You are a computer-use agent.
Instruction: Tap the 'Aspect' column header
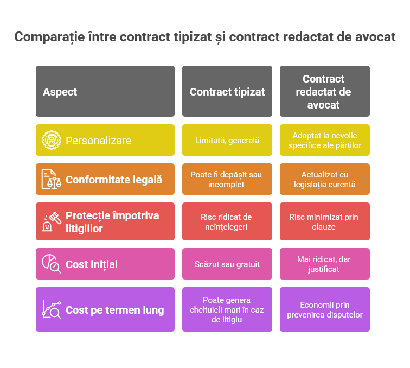coord(60,92)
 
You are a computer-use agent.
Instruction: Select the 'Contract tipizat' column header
coord(227,92)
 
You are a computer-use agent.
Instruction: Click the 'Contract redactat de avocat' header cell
coord(324,92)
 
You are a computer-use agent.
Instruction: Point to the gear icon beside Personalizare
coord(52,140)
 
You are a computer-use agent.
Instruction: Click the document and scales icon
coord(52,179)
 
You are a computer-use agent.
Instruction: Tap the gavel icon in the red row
coord(52,221)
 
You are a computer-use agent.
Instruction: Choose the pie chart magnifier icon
coord(52,264)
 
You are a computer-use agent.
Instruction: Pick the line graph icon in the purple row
coord(52,310)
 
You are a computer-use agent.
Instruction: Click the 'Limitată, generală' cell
coord(227,140)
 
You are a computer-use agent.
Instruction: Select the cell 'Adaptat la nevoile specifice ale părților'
coord(324,140)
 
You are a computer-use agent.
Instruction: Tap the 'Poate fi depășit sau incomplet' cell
coord(227,179)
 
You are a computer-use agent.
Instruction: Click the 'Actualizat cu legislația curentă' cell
coord(324,179)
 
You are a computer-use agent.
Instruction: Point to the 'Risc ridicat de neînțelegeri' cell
coord(227,221)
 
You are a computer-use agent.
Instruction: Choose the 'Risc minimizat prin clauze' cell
coord(324,221)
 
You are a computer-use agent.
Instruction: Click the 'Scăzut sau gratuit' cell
coord(227,264)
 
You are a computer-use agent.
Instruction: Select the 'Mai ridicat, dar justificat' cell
coord(324,264)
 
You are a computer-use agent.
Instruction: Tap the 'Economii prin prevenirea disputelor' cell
coord(324,310)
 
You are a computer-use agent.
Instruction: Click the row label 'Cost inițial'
coord(92,264)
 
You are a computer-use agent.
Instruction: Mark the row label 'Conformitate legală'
coord(114,179)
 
